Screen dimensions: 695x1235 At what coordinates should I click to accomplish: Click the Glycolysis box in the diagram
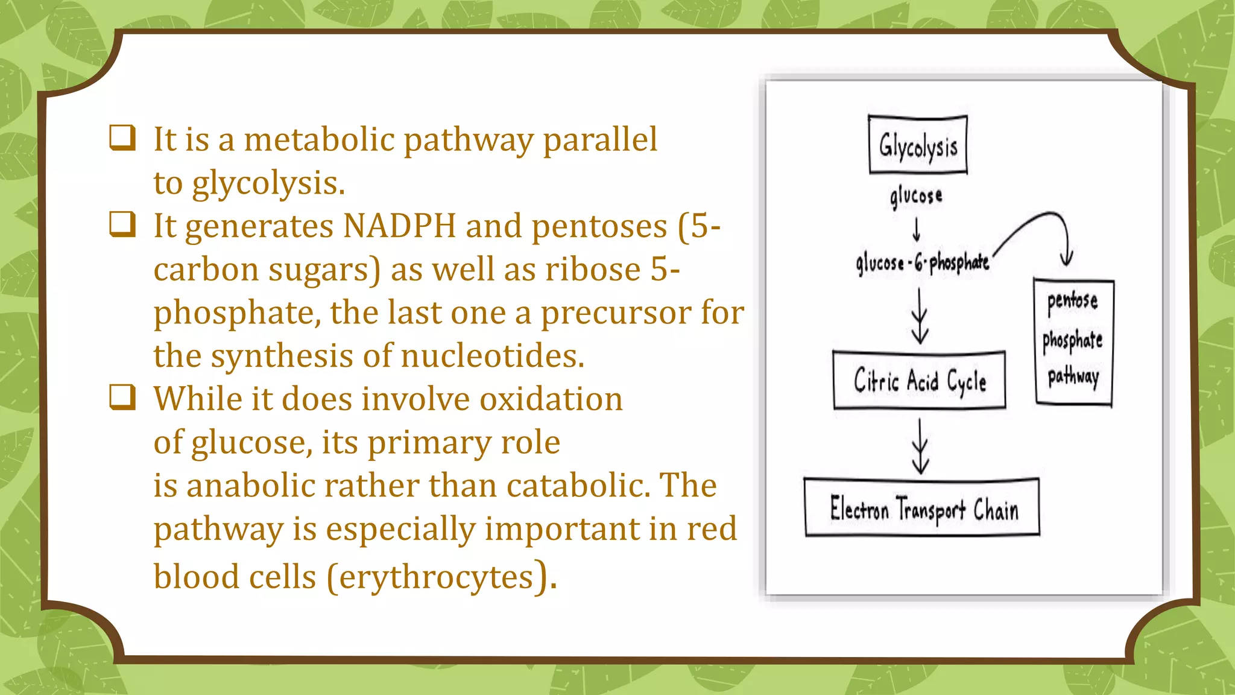tap(918, 145)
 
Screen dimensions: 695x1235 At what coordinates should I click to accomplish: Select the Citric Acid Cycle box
tap(919, 381)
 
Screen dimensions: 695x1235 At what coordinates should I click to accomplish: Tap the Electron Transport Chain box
tap(922, 508)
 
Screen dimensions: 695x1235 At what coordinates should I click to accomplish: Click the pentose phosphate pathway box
tap(1073, 341)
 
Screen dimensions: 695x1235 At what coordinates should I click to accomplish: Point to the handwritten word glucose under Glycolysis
tap(915, 196)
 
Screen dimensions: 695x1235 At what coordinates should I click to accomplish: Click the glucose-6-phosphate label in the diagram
tap(922, 263)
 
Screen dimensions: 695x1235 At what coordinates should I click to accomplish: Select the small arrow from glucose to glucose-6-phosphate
tap(916, 229)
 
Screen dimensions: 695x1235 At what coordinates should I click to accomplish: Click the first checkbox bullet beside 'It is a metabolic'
tap(122, 137)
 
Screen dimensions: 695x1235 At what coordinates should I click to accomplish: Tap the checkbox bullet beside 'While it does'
tap(122, 397)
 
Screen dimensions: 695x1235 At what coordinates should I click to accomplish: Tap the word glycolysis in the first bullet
tap(268, 184)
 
